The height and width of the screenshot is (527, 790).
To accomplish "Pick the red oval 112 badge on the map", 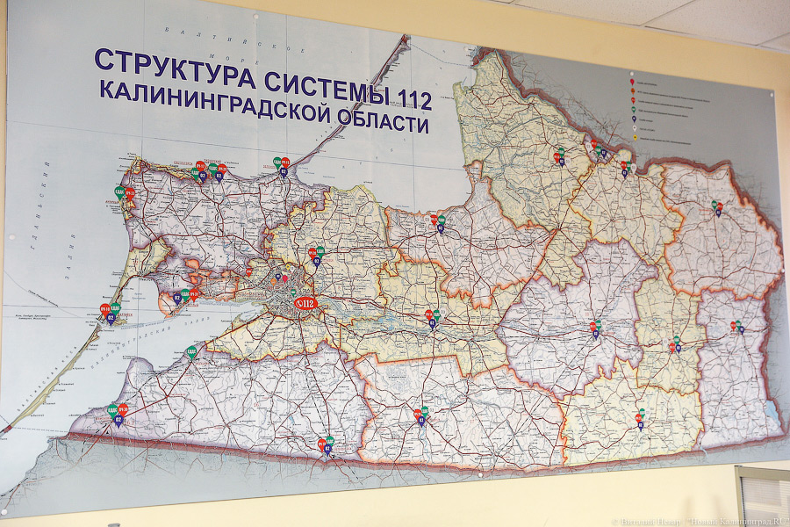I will [x=304, y=304].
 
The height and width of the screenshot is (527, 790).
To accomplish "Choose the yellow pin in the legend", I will [x=635, y=128].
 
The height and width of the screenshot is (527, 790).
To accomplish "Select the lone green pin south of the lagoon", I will [x=190, y=353].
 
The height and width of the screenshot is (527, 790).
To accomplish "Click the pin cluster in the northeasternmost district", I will [x=717, y=208].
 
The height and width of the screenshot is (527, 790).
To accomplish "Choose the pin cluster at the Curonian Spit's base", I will [x=282, y=165].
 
